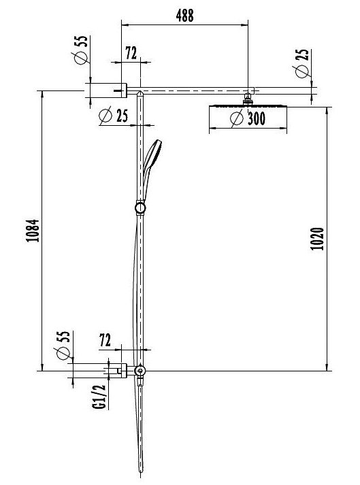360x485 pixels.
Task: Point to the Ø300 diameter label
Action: (248, 118)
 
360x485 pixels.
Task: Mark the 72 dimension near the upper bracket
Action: (131, 52)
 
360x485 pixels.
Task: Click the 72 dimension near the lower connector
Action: (105, 341)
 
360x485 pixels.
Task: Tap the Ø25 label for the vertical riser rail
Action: (113, 116)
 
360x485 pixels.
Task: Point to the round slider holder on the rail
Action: (140, 207)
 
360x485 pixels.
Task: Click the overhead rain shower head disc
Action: (248, 106)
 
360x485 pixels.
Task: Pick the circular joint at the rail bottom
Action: (140, 371)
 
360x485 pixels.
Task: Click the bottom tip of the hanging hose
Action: (141, 471)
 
